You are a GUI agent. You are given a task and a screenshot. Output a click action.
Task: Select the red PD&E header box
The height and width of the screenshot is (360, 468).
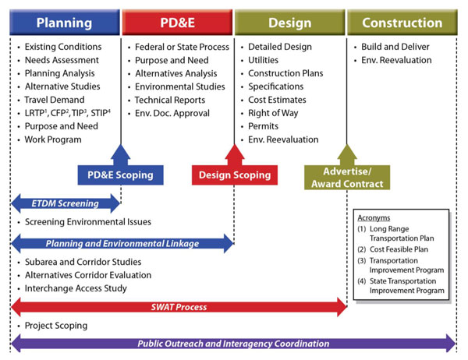pos(177,23)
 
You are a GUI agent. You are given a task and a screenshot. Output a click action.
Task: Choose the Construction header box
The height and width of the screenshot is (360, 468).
pos(401,23)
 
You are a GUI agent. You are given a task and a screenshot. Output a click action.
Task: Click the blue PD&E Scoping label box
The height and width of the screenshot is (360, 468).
pos(115,175)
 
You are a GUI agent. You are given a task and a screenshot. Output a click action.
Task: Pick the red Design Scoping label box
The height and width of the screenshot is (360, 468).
pos(234,175)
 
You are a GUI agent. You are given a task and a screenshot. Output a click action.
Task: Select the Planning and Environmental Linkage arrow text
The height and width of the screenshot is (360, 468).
pos(121,243)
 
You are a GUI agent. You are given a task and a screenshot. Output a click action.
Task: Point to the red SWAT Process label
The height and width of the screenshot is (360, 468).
pos(179,307)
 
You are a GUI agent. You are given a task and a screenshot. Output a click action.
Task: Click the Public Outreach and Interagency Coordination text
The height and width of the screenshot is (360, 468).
pos(233,344)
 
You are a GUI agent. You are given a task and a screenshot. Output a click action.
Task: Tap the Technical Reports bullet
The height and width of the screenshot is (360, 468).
pos(169,100)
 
